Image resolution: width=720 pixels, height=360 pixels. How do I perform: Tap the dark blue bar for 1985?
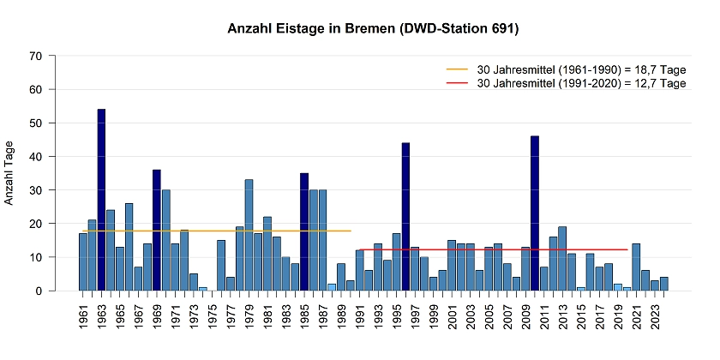(304, 231)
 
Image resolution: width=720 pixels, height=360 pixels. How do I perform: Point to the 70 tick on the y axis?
(35, 56)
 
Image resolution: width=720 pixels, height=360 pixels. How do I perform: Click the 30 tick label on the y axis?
(35, 190)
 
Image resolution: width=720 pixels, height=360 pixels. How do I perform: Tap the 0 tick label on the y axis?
(39, 291)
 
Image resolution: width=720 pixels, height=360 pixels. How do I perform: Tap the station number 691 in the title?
(501, 29)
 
